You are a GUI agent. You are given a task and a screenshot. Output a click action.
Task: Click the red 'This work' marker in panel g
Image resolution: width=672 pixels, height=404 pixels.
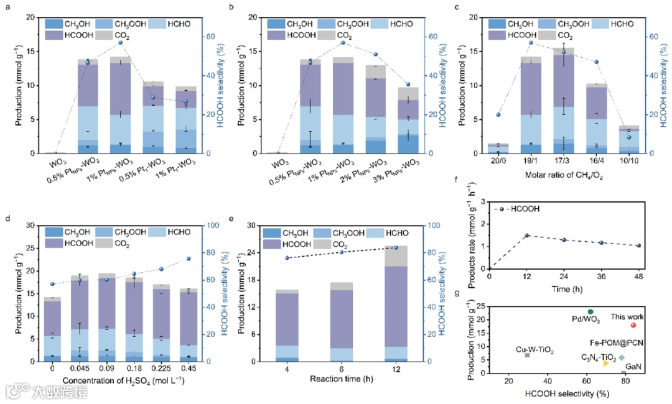633,325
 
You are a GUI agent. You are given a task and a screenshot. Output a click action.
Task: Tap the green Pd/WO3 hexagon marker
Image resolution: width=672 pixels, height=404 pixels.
590,311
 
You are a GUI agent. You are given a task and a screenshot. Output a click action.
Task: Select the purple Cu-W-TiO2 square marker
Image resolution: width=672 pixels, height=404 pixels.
527,355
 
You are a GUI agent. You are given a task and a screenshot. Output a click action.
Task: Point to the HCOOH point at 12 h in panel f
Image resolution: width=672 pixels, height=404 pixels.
526,236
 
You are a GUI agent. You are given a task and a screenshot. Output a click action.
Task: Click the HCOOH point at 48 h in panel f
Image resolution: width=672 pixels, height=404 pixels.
638,246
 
